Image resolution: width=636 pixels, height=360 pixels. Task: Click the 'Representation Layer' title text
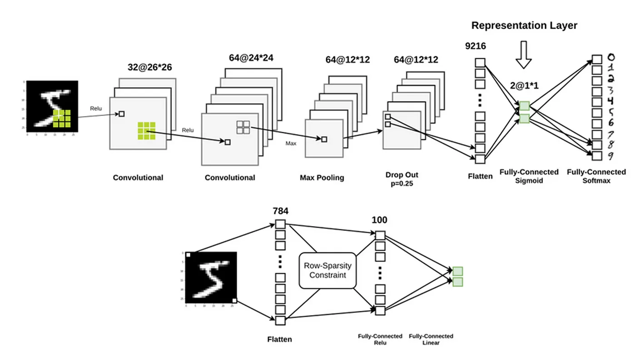(x=524, y=25)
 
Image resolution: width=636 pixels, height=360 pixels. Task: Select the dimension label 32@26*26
(x=150, y=68)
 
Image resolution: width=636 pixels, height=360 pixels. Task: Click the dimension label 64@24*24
(x=251, y=58)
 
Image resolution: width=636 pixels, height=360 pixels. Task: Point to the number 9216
(x=476, y=45)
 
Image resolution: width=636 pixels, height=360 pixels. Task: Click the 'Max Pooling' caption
(x=322, y=177)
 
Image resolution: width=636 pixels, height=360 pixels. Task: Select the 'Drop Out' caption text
(x=402, y=175)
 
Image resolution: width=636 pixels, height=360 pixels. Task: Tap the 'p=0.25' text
(x=402, y=184)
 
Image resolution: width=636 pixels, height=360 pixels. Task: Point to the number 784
(x=280, y=211)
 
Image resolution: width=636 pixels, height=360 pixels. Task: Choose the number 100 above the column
(x=379, y=220)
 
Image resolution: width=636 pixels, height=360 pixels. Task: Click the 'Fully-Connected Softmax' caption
(x=596, y=176)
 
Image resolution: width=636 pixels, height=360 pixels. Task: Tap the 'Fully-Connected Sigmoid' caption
(x=529, y=176)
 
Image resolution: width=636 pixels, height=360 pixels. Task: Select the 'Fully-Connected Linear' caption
(x=431, y=339)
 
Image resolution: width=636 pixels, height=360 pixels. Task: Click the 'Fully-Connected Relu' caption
(x=380, y=339)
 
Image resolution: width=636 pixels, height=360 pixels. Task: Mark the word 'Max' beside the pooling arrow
(x=291, y=143)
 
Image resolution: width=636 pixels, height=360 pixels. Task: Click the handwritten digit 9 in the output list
(x=611, y=157)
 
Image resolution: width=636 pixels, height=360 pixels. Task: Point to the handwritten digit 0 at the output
(x=611, y=58)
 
